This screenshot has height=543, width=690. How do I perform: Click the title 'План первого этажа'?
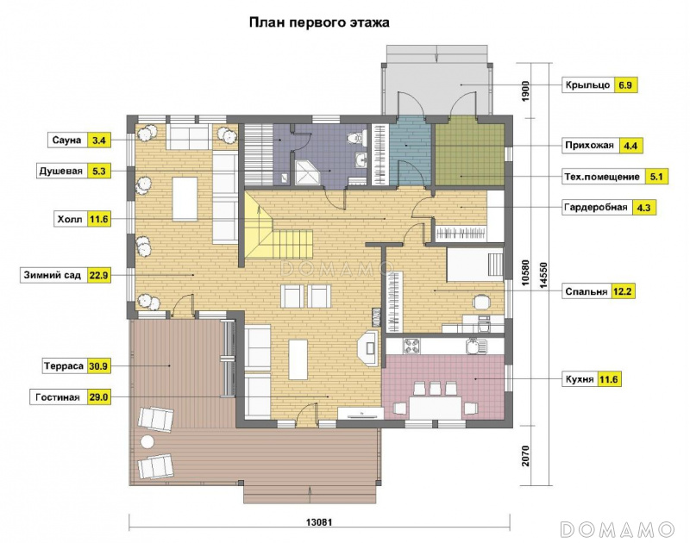tap(319, 22)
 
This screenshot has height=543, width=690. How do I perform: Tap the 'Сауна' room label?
tap(67, 140)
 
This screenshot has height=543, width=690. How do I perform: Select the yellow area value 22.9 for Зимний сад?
tap(99, 276)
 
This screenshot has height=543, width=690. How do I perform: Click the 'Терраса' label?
tap(63, 365)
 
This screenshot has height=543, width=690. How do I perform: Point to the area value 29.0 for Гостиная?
tap(99, 397)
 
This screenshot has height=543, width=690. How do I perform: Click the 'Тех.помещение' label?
tap(602, 177)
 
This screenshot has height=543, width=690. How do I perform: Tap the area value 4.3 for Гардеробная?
tap(643, 208)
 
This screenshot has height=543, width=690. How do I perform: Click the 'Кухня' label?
tap(580, 379)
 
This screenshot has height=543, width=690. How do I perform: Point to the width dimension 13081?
tap(319, 522)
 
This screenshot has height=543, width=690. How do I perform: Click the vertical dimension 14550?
tap(543, 275)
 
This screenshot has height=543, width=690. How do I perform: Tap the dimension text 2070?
tap(525, 455)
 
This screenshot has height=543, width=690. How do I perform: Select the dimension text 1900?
tap(525, 91)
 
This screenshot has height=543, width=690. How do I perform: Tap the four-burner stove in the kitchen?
tap(411, 345)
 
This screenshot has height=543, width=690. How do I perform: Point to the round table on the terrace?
tap(147, 442)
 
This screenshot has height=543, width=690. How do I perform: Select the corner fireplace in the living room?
tap(367, 346)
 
